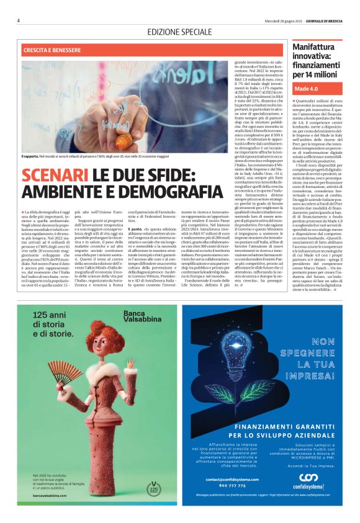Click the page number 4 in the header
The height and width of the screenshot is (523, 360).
point(19,20)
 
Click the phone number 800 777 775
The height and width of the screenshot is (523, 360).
point(222,502)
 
